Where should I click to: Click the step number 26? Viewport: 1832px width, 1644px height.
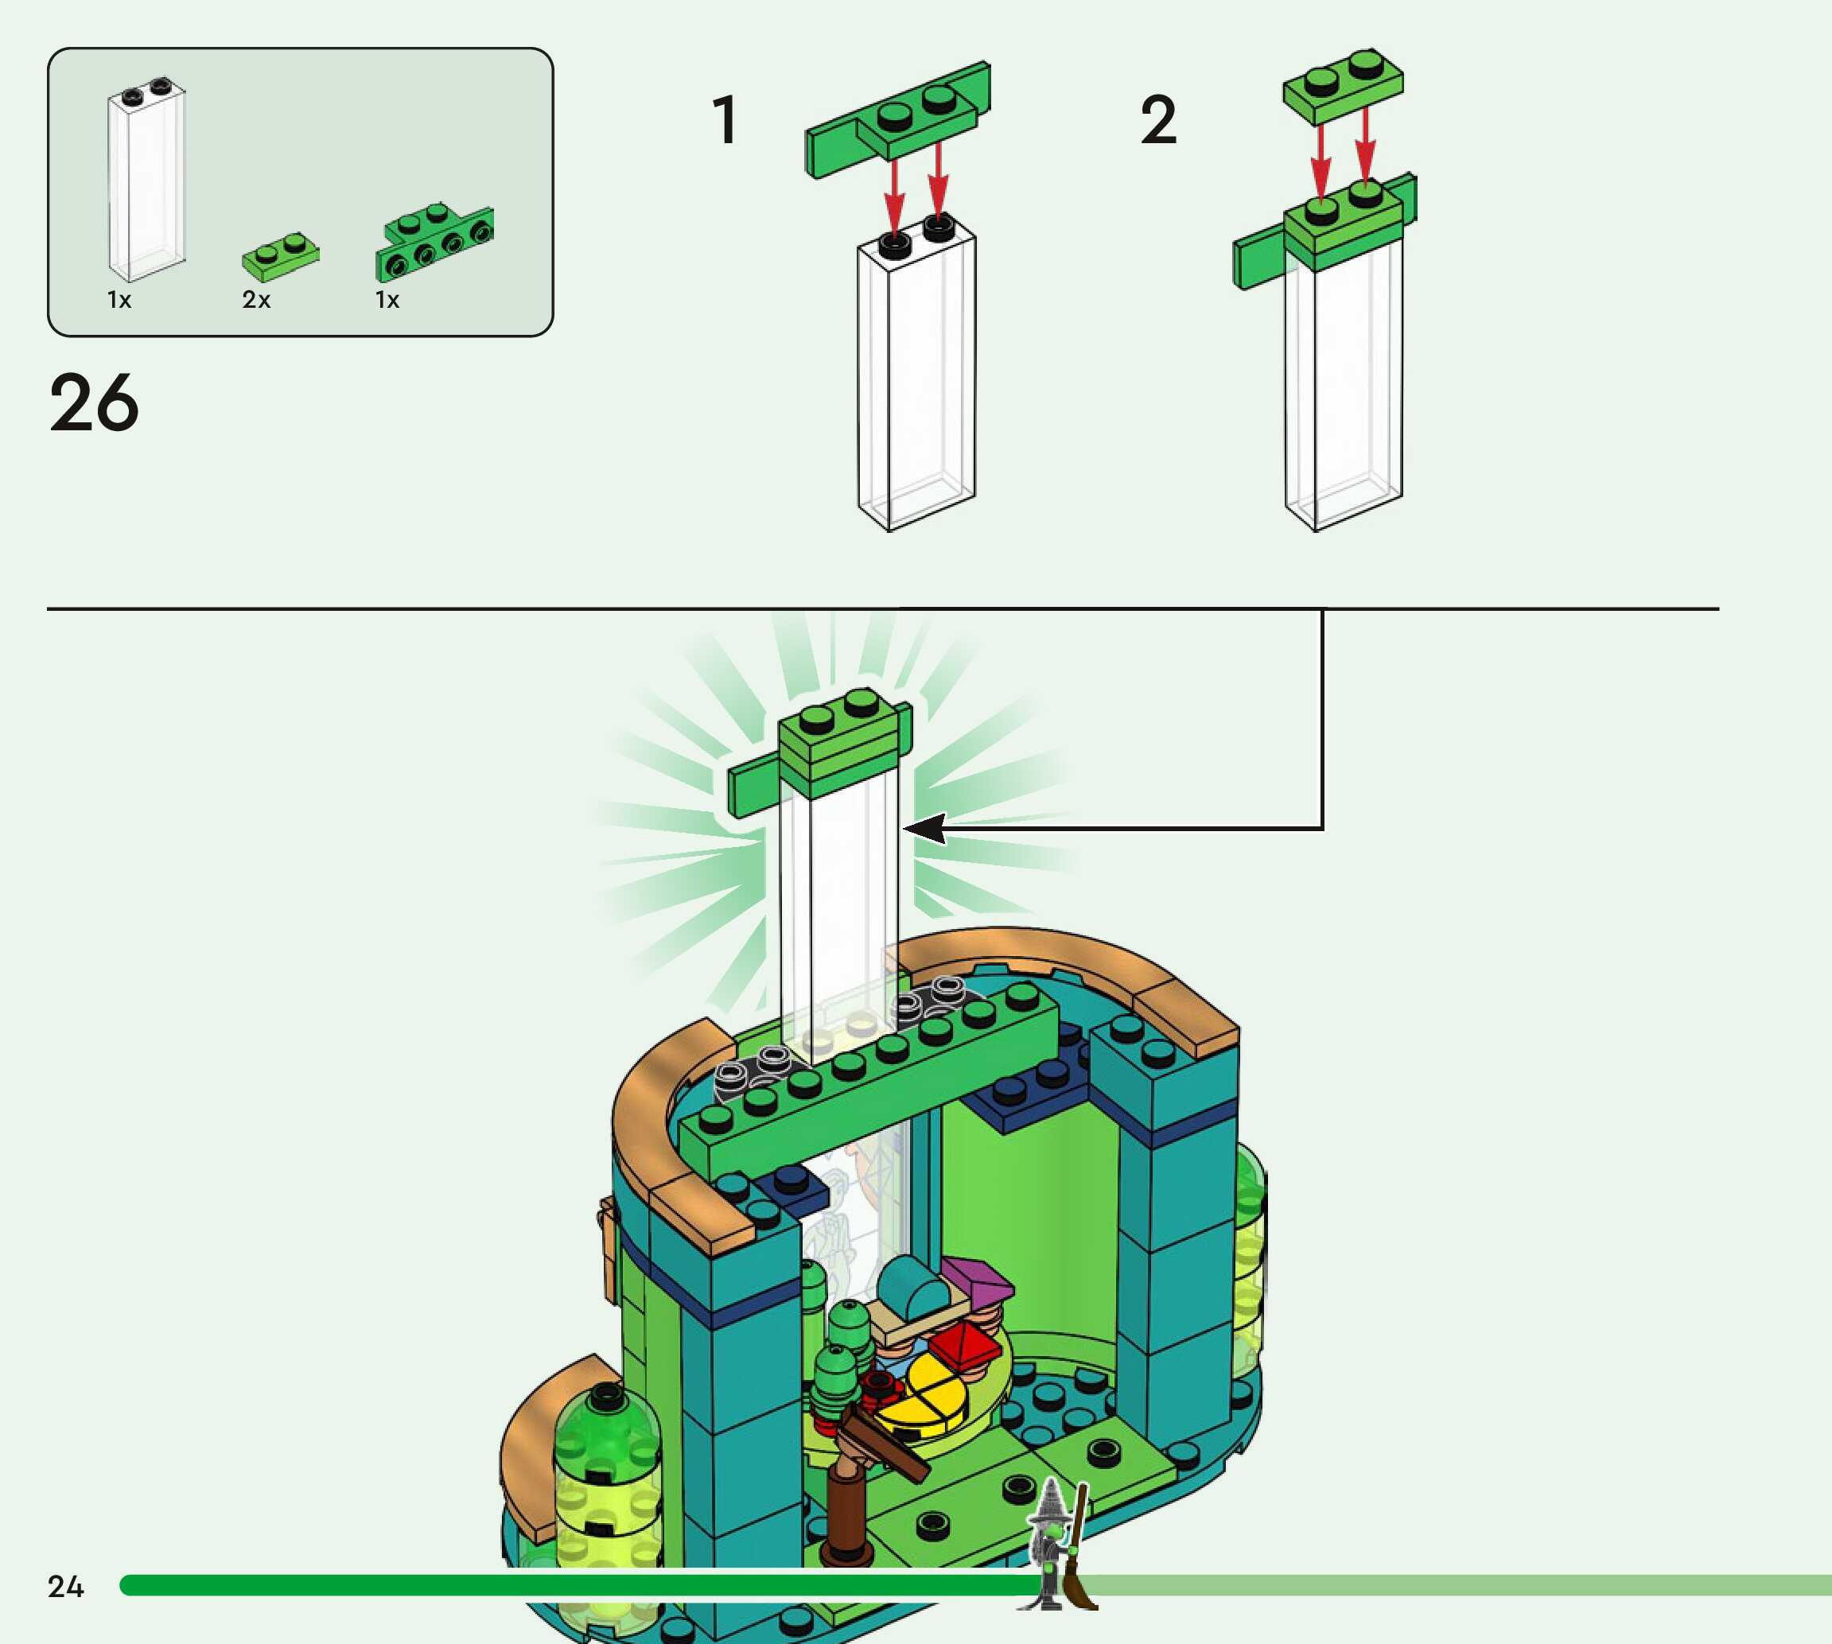pyautogui.click(x=94, y=403)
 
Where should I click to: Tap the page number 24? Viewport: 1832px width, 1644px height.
pyautogui.click(x=65, y=1586)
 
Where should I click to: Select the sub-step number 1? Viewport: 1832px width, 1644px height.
pyautogui.click(x=725, y=120)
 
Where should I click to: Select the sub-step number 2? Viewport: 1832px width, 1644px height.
pyautogui.click(x=1158, y=120)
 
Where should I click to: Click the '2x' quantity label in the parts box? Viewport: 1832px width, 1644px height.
pyautogui.click(x=255, y=300)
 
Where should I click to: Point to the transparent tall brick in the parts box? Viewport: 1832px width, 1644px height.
pyautogui.click(x=146, y=181)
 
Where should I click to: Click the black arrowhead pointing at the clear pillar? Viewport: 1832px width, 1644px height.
pyautogui.click(x=925, y=827)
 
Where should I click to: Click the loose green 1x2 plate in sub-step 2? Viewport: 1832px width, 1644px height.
pyautogui.click(x=1344, y=85)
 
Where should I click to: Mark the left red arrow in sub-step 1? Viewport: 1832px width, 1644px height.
pyautogui.click(x=894, y=194)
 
